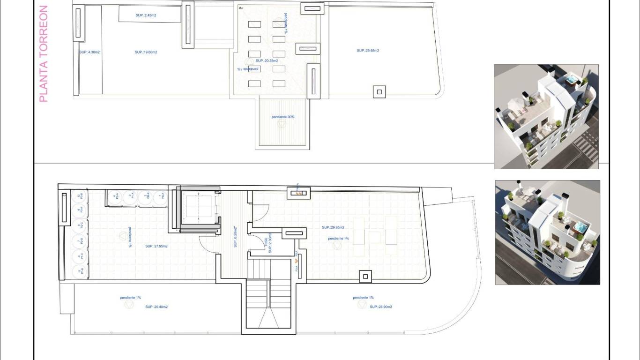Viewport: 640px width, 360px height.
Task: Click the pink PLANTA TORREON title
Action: click(43, 54)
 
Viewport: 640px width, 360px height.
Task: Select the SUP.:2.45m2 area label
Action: click(146, 15)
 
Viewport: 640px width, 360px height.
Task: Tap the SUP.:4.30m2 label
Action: click(89, 52)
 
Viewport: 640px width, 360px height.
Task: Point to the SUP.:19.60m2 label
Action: click(146, 52)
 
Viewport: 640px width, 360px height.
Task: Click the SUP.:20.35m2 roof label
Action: click(267, 60)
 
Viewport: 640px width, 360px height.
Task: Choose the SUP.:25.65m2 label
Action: click(368, 51)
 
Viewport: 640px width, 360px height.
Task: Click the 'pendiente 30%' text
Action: click(283, 117)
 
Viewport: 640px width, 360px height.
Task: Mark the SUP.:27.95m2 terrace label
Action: click(156, 246)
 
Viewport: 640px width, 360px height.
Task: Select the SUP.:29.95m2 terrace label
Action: click(333, 227)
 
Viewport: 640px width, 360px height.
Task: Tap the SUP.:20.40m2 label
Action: click(156, 307)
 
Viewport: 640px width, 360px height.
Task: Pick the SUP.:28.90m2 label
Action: click(381, 307)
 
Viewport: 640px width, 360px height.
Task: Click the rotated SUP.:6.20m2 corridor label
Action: click(235, 237)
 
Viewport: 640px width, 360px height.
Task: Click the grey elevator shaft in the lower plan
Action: click(198, 209)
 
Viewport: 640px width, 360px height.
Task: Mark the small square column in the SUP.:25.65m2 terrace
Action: click(380, 91)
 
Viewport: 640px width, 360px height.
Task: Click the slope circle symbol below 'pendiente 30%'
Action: click(282, 125)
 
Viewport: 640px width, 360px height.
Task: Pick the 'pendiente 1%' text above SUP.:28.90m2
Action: click(363, 298)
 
